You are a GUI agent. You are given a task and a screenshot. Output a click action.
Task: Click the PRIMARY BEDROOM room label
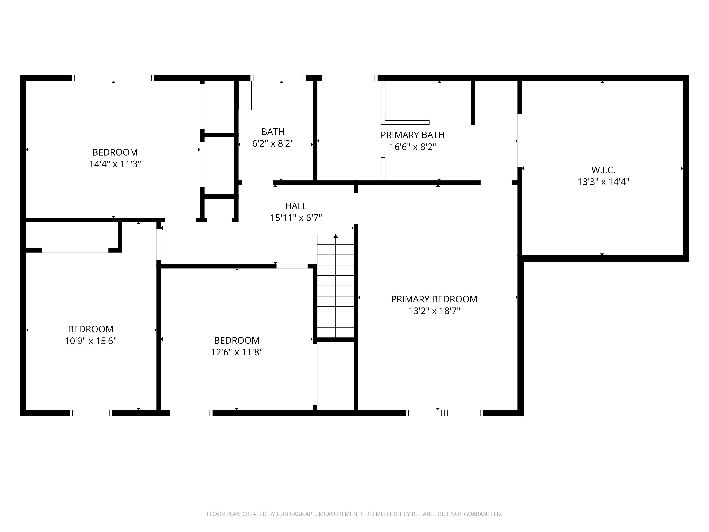(x=434, y=299)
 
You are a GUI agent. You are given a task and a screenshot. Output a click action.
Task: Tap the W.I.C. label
(x=603, y=170)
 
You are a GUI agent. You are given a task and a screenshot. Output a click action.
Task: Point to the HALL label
(x=296, y=206)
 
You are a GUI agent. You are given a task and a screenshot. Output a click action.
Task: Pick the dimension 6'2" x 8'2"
(x=273, y=144)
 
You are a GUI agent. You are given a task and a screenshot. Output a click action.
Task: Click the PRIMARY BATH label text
(x=412, y=135)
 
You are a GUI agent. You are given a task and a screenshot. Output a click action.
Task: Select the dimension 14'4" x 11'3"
(x=115, y=164)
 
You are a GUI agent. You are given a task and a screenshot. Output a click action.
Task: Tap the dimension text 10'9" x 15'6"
(x=91, y=341)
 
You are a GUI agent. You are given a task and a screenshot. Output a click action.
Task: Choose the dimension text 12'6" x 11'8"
(x=237, y=352)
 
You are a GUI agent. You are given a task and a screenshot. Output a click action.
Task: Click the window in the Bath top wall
(x=278, y=78)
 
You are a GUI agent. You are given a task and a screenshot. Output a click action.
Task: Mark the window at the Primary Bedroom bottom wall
(x=444, y=413)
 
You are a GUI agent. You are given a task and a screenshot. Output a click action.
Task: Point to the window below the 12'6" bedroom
(x=191, y=413)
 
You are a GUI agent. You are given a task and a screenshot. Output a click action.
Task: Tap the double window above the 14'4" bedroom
(x=113, y=78)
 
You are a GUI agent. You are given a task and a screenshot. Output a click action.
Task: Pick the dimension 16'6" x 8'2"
(x=412, y=147)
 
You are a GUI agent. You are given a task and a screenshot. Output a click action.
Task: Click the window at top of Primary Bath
(x=350, y=78)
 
